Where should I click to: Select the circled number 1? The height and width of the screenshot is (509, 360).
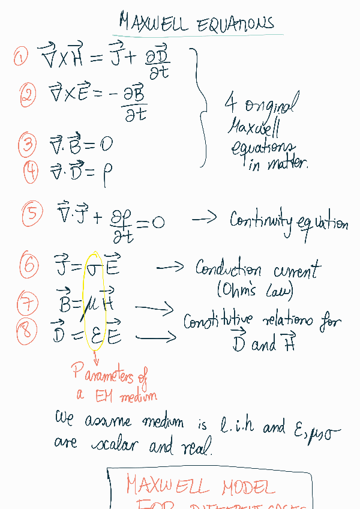(x=21, y=58)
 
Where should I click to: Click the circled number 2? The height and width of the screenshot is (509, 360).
(x=27, y=95)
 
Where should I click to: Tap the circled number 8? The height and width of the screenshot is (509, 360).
(x=27, y=332)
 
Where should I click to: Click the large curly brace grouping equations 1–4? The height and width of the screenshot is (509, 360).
(x=200, y=108)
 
